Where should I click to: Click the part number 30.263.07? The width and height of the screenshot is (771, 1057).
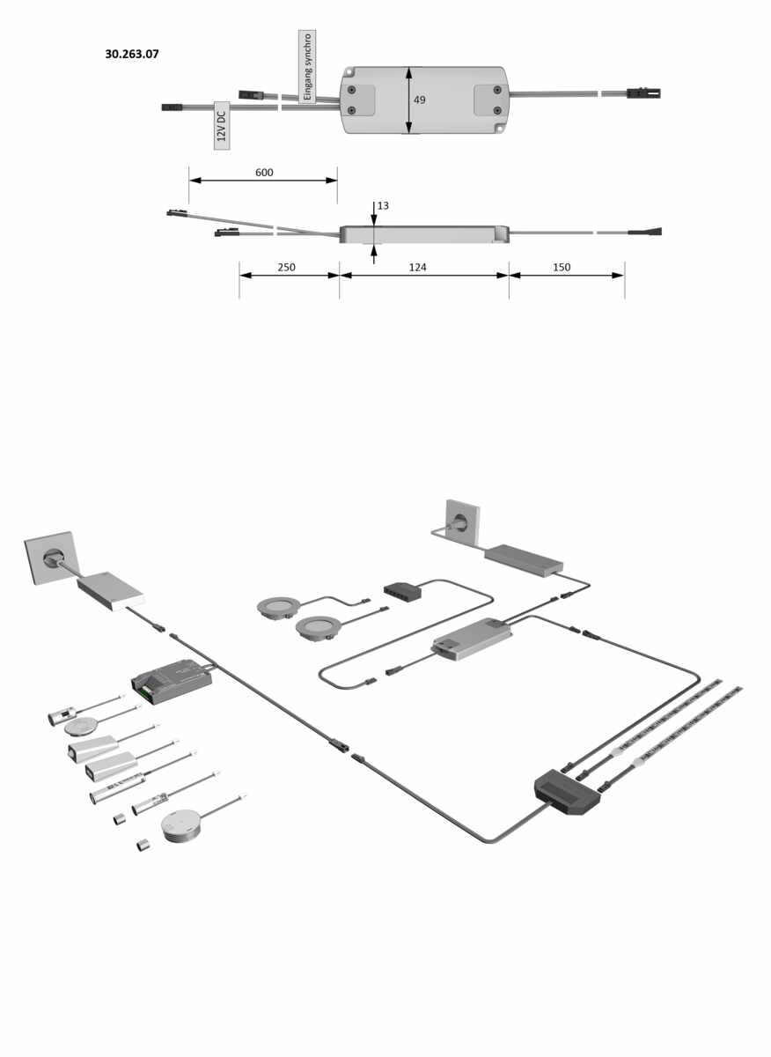tap(131, 55)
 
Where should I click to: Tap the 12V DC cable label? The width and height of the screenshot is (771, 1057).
tap(222, 125)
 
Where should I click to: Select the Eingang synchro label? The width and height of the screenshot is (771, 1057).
tap(307, 67)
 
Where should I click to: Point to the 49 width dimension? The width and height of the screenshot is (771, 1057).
tap(419, 100)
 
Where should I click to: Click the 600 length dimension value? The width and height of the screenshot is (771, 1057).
tap(264, 173)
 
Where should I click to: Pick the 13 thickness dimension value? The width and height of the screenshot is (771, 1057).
tap(383, 206)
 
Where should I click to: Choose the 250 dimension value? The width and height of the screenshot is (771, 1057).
tap(286, 267)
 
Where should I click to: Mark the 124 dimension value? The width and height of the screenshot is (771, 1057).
tap(417, 267)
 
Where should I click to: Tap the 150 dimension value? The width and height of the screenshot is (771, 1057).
tap(562, 267)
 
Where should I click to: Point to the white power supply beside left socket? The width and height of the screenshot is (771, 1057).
tap(111, 591)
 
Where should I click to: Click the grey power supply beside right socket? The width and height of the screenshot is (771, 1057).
tap(524, 560)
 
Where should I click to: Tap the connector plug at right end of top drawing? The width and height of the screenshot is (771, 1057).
tap(643, 93)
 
